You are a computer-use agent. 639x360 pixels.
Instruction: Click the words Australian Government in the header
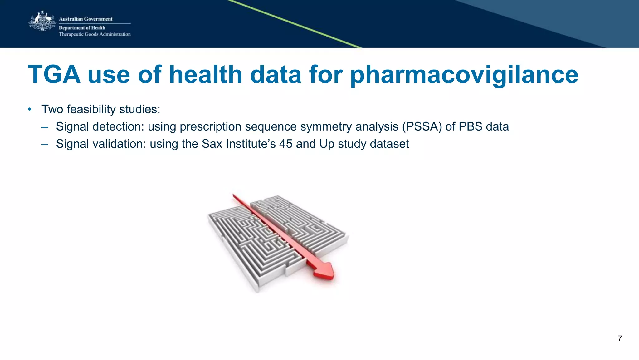85,19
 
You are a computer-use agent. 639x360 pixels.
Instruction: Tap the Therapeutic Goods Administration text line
95,34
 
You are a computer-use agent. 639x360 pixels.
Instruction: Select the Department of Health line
82,28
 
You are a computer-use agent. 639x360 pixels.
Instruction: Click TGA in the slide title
54,75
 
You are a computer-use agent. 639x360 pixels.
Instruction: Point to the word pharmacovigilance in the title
464,75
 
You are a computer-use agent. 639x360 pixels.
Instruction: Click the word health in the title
205,75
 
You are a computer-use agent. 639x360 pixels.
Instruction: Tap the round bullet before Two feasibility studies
30,109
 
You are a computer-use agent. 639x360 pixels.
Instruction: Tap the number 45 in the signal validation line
285,144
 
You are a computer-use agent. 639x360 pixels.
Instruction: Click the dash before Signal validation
45,144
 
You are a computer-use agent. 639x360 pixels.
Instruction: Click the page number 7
620,338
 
